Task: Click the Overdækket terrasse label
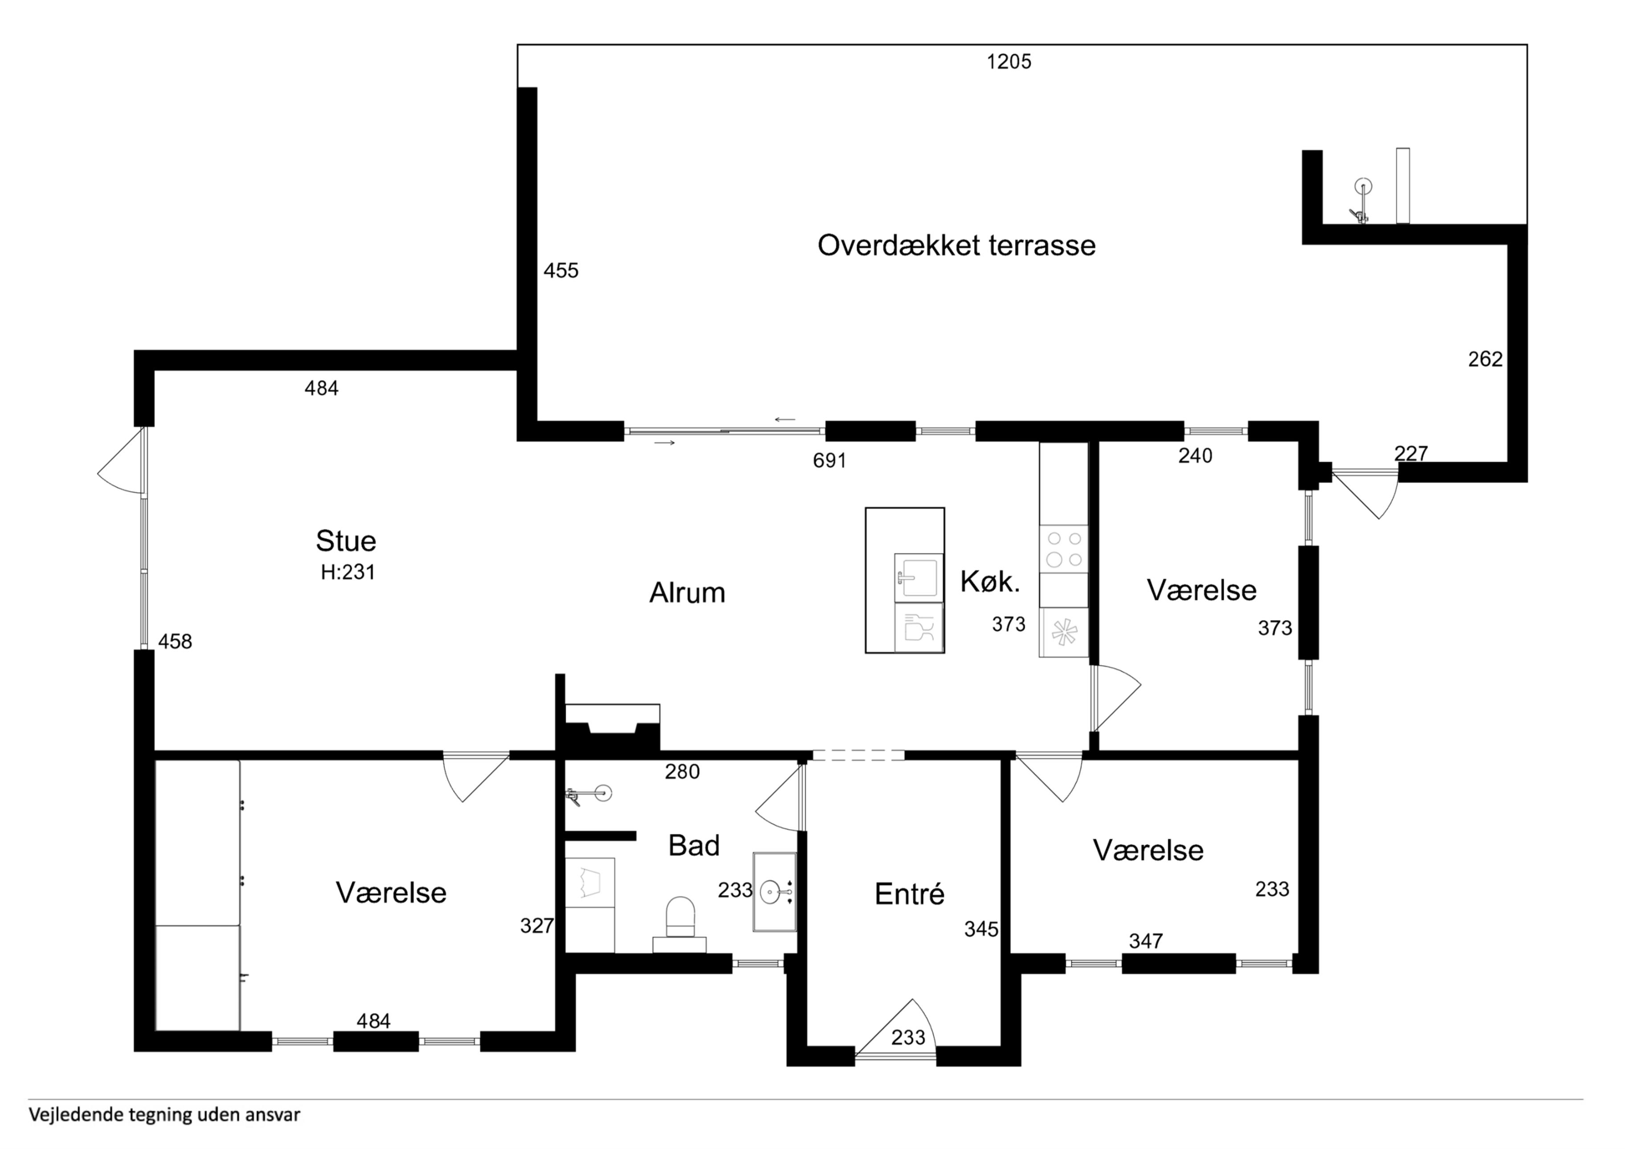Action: tap(956, 245)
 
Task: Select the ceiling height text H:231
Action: tap(347, 572)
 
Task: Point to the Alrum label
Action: tap(687, 593)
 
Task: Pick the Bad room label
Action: tap(694, 845)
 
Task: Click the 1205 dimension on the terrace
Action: tap(1009, 62)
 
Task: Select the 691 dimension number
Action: tap(829, 461)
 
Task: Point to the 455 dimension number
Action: tap(561, 270)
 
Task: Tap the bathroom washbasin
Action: tap(775, 892)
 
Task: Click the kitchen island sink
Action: tap(919, 577)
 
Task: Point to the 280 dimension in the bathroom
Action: tap(682, 772)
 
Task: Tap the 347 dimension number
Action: tap(1146, 941)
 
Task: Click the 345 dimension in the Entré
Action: tap(981, 929)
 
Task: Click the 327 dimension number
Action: tap(537, 925)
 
